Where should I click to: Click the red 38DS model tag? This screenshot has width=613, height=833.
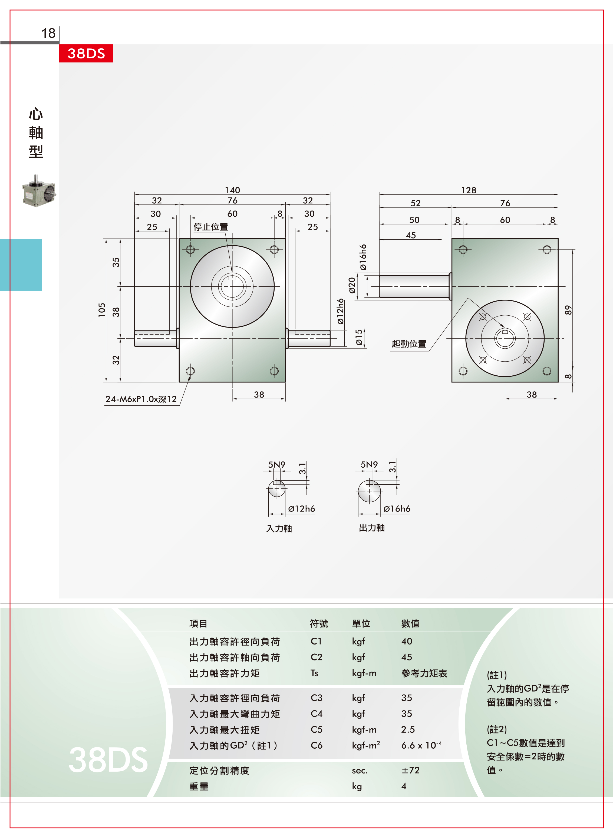tap(86, 53)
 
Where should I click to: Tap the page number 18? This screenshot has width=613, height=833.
tap(48, 33)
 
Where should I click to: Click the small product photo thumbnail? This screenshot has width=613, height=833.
tap(39, 191)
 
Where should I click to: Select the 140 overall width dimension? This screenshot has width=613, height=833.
tap(232, 190)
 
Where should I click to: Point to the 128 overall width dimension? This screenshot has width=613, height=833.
tap(469, 190)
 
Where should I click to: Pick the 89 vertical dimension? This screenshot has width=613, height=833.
tap(568, 310)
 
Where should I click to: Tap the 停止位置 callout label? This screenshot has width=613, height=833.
tap(211, 227)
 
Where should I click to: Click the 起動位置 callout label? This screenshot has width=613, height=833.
tap(409, 344)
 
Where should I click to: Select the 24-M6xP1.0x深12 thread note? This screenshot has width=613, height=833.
tap(141, 399)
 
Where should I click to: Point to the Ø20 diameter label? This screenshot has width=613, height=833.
tap(352, 286)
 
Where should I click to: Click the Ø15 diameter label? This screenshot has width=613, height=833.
tap(358, 338)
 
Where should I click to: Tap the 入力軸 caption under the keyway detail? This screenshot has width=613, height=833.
tap(279, 528)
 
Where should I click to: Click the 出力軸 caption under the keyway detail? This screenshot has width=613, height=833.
tap(372, 528)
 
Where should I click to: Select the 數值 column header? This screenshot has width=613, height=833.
tap(410, 623)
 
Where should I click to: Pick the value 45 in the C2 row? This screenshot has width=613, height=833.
tap(407, 657)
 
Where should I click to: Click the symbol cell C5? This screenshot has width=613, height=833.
tap(317, 729)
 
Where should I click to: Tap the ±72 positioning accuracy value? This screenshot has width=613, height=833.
tap(410, 770)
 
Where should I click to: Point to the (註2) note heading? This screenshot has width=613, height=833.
tap(497, 729)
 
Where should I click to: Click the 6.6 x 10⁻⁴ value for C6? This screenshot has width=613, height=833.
tap(421, 745)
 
